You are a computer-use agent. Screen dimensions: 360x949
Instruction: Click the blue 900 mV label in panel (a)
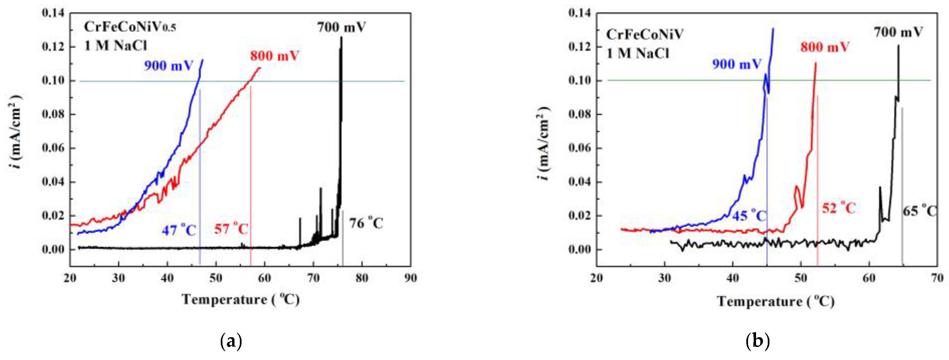point(168,66)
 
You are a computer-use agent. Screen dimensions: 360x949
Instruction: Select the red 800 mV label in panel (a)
point(274,56)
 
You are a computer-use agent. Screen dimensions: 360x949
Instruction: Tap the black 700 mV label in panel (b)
point(898,32)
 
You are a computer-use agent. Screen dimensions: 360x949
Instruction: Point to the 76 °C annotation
point(366,223)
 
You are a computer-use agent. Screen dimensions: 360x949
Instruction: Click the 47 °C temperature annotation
point(179,231)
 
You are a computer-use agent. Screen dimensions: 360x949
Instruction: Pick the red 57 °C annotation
point(231,229)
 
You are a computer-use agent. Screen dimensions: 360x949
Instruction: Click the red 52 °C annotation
point(839,208)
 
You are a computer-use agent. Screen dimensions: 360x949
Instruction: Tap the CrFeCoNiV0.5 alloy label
point(130,27)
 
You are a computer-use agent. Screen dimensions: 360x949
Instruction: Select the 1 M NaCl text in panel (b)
point(637,54)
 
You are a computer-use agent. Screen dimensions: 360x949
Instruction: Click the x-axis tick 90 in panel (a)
point(410,278)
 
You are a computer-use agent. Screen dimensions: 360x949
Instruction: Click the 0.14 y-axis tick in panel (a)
point(53,13)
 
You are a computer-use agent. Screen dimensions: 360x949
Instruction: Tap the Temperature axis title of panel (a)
point(241,300)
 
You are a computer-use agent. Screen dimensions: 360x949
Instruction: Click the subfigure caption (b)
point(757,342)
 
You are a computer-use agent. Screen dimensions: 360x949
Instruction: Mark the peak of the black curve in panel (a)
point(341,37)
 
